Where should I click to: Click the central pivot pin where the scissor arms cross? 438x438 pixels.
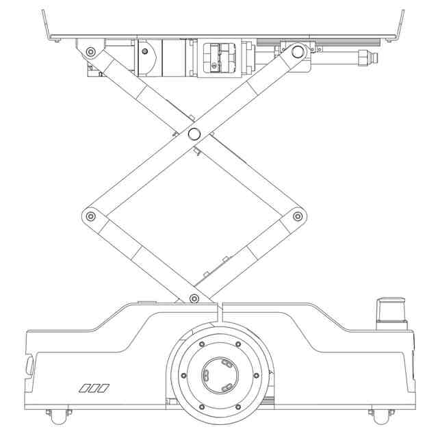click(193, 132)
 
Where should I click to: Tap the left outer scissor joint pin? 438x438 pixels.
click(90, 216)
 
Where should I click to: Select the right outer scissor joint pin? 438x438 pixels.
click(298, 216)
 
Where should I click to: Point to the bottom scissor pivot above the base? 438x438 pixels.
click(194, 298)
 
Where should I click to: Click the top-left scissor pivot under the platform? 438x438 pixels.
click(90, 52)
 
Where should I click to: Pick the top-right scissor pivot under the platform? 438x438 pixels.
click(296, 51)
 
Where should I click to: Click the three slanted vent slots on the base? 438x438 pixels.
click(94, 389)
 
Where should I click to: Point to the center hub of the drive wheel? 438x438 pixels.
click(219, 375)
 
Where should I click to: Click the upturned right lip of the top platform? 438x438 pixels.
click(399, 24)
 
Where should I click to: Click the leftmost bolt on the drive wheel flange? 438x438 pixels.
click(183, 375)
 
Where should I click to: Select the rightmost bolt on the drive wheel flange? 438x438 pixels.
click(256, 375)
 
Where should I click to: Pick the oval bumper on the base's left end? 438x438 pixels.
click(29, 364)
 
